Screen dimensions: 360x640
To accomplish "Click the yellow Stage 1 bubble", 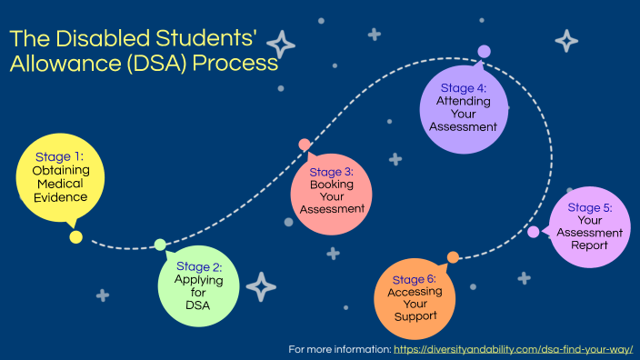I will coord(60,177).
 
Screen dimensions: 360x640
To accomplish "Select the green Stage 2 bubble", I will coord(198,285).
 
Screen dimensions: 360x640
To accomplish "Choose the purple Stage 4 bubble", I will coord(463,108).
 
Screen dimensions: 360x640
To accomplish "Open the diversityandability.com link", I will coord(513,349).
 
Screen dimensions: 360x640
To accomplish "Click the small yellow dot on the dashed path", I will coord(76,237).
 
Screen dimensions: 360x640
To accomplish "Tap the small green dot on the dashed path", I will coord(160,245).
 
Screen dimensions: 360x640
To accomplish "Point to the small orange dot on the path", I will coord(453,257).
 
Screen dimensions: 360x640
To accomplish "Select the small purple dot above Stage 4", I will coord(484,52).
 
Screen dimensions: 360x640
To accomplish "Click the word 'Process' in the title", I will coord(232,65).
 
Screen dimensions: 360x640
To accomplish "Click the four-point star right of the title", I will coord(281,45).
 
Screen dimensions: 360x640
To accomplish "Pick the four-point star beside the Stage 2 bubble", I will coord(261,286).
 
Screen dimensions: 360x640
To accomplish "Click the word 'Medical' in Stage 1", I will coord(61,184).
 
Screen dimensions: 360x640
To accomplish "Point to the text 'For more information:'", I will coord(339,349).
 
